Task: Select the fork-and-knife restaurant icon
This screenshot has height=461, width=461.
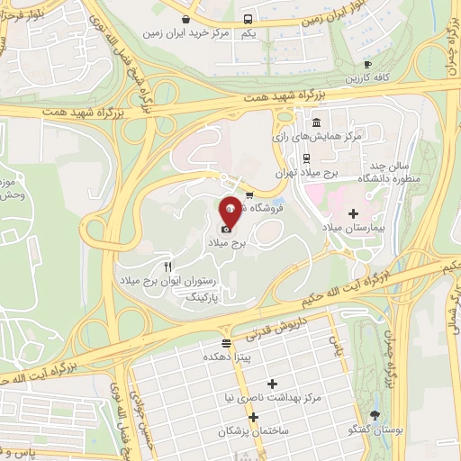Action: tap(167, 267)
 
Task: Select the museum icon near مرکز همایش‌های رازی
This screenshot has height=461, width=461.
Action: tap(315, 122)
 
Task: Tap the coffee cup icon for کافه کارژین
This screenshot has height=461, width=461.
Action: tap(367, 64)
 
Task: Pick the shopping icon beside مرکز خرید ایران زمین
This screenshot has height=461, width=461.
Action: tap(185, 19)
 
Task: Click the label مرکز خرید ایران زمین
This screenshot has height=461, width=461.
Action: tap(182, 33)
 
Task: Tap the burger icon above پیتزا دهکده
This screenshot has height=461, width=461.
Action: tap(225, 342)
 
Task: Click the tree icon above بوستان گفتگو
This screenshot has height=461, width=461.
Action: tap(375, 415)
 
